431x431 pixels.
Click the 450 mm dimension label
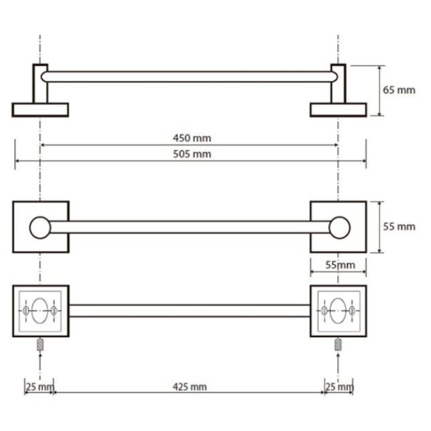(x=192, y=138)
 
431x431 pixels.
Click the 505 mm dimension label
(x=192, y=154)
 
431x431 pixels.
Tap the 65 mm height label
(x=399, y=90)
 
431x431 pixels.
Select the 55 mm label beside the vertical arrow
(x=399, y=227)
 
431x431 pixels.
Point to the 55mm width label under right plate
(x=340, y=265)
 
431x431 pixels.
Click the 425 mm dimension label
(x=190, y=387)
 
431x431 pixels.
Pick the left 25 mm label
(x=40, y=387)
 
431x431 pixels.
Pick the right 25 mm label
(x=340, y=387)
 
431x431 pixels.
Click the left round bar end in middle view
(x=40, y=227)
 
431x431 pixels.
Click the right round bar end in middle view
(x=339, y=227)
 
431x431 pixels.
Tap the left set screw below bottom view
(x=40, y=344)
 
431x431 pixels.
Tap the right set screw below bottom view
(x=338, y=344)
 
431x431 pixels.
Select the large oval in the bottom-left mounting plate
(x=40, y=311)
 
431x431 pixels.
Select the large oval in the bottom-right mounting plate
(x=338, y=311)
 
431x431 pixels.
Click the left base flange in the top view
(x=40, y=110)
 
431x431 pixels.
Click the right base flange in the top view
(x=339, y=110)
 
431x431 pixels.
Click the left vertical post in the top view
(x=40, y=84)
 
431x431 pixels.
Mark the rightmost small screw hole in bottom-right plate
(x=352, y=311)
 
